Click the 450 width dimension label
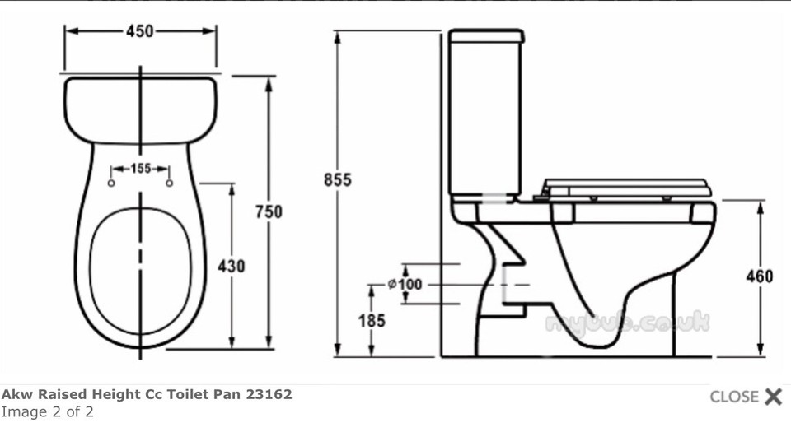coord(139,31)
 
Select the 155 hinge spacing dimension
coord(140,169)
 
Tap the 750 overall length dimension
coord(268,211)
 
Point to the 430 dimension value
coord(232,266)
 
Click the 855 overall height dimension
coord(336,179)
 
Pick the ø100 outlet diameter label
coord(405,284)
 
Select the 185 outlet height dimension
coord(372,321)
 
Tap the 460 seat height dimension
coord(759,276)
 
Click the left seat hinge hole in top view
coord(111,183)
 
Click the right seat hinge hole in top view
coord(170,183)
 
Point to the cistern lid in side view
coord(486,36)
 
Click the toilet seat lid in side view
coord(626,185)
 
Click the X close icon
coord(773,397)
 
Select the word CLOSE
coord(733,397)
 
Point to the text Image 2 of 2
coord(47,411)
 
